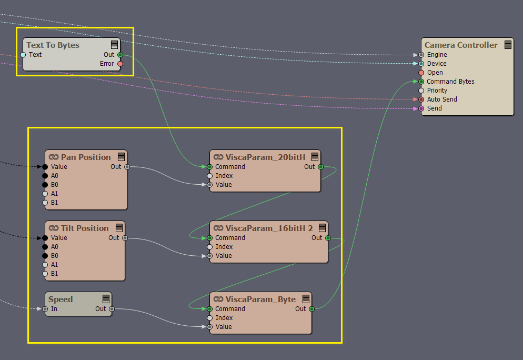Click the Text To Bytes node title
[53, 45]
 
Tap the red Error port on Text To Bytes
[120, 64]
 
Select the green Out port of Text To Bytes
[120, 55]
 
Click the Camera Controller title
[460, 45]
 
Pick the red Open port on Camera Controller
[421, 73]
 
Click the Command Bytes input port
[421, 82]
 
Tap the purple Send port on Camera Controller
[421, 108]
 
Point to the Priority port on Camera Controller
[421, 91]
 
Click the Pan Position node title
[86, 157]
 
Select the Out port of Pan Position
[127, 167]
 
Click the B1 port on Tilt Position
[45, 274]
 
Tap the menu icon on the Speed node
[106, 298]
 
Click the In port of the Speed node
[45, 309]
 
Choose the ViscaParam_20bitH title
[265, 157]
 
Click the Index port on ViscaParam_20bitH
[209, 176]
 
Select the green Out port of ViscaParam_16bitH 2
[328, 238]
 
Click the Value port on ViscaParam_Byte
[209, 327]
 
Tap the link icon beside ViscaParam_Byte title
[218, 299]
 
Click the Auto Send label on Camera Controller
[442, 99]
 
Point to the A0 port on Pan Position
[45, 176]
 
